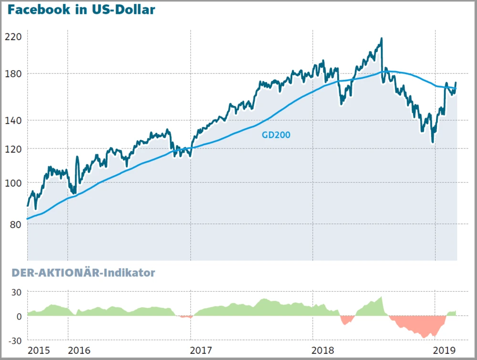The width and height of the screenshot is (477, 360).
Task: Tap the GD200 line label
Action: coord(276,135)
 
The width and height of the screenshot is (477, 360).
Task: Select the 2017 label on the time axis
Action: coord(201,350)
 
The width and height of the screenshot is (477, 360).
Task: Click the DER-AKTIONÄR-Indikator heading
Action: coord(78,273)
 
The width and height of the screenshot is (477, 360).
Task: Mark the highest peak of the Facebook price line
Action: coord(381,39)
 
